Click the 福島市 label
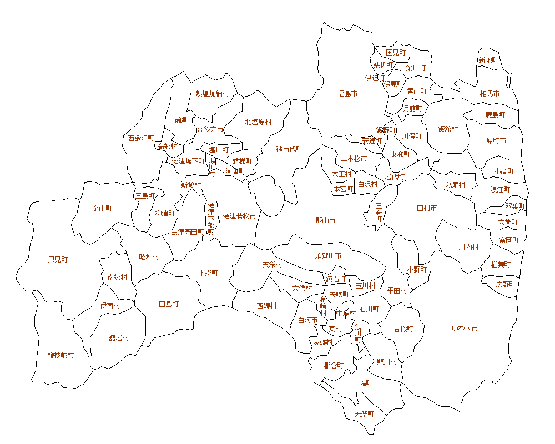pos(347,94)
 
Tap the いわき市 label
pos(465,329)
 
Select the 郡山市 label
pos(325,220)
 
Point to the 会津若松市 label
pos(240,216)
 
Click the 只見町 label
pos(58,259)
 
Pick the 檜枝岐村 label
pos(60,355)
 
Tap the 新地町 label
pos(488,60)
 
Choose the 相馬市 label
pos(490,94)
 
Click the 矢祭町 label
pos(364,414)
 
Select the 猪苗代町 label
pos(290,149)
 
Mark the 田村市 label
pos(427,208)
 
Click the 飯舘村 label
pos(448,129)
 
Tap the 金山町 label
pos(102,209)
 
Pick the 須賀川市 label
pos(329,255)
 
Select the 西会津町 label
pos(140,138)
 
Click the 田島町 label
pos(169,304)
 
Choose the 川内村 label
pos(468,246)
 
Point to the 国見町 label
pos(396,52)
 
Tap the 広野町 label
pos(506,284)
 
